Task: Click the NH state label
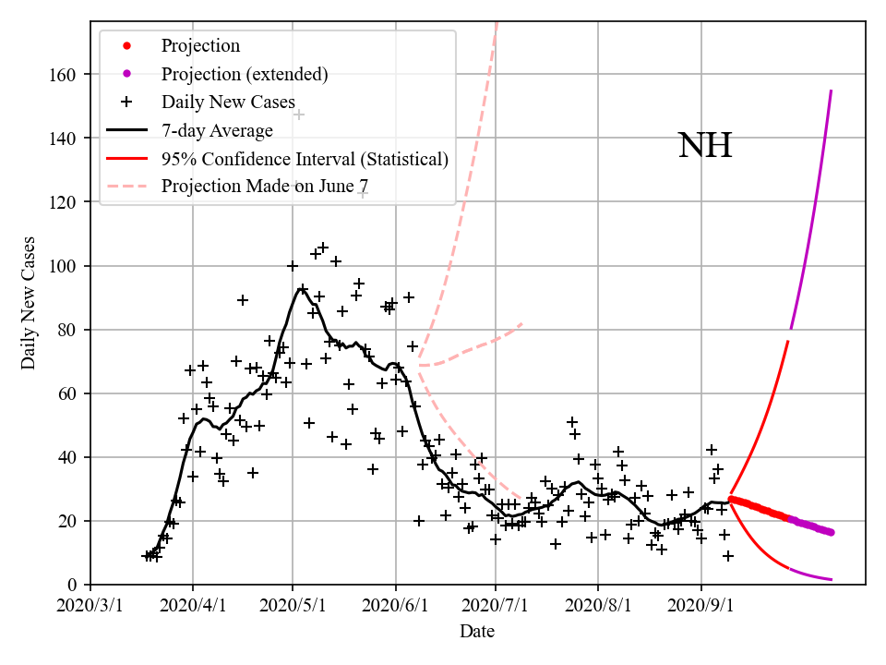tap(705, 146)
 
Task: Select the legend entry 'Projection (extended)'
tap(245, 74)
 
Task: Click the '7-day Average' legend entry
tap(217, 130)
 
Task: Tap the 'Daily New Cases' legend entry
tap(228, 102)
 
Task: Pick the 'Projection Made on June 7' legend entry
tap(265, 187)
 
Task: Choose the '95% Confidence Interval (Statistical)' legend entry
tap(305, 159)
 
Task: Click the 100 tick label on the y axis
tap(65, 266)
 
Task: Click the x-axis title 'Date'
tap(477, 632)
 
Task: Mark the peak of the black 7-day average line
tap(302, 288)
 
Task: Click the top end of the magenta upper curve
tap(832, 91)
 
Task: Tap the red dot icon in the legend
tap(127, 45)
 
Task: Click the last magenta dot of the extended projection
tap(831, 532)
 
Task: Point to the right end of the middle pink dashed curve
tap(522, 323)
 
